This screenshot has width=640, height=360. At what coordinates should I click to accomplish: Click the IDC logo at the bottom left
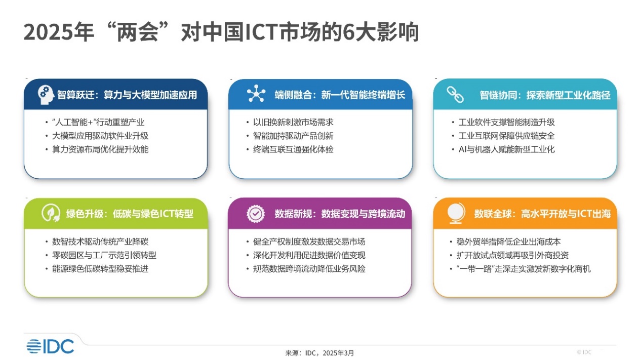tap(50, 346)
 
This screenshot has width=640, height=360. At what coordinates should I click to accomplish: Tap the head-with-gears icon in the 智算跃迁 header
tap(46, 95)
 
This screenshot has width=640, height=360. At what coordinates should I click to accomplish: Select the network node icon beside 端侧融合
tap(256, 93)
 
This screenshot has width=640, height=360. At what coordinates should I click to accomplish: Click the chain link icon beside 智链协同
tap(455, 95)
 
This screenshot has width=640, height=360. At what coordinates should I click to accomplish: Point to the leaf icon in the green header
tap(51, 213)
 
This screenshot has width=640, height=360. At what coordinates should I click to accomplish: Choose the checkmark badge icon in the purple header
tap(255, 214)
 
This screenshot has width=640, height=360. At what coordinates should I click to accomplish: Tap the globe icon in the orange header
tap(456, 213)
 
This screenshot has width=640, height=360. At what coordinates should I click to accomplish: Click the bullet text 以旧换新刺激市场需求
tap(293, 123)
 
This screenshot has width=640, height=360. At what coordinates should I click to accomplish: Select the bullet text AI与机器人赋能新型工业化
tap(506, 149)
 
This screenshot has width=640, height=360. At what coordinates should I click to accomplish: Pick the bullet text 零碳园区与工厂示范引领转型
tap(104, 255)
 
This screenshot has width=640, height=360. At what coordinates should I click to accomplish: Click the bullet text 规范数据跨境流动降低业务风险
tap(309, 269)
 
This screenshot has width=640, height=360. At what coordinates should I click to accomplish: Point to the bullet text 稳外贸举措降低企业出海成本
tap(508, 242)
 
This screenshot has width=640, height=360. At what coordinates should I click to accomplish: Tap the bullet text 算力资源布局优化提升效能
tap(100, 149)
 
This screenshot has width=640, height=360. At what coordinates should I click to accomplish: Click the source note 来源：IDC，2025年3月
tap(319, 353)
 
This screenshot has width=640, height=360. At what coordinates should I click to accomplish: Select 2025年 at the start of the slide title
tap(59, 32)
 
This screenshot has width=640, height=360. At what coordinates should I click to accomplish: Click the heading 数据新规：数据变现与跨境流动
tap(340, 214)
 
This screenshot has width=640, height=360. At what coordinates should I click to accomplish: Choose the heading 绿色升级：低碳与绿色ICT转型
tap(130, 214)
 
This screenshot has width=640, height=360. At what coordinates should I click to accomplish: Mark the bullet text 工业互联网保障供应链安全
tap(506, 136)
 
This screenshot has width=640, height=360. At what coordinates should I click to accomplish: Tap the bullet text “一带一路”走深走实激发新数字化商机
tap(524, 269)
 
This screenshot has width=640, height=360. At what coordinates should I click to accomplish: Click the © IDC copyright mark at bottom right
tap(584, 352)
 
